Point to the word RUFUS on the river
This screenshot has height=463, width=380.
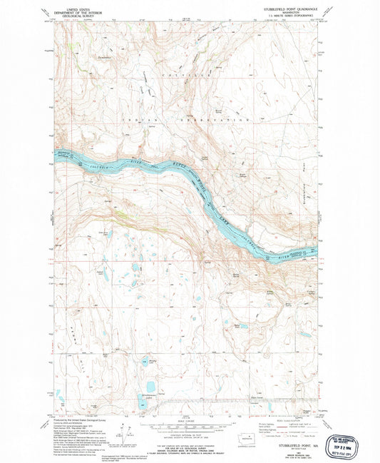coord(178,167)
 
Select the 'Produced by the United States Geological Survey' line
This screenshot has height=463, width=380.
coord(78,421)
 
